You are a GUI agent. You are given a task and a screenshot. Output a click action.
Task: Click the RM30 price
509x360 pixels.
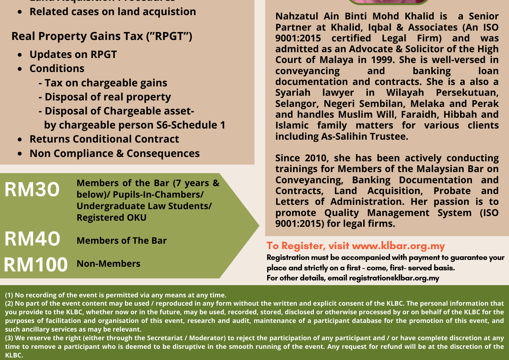[x=32, y=189]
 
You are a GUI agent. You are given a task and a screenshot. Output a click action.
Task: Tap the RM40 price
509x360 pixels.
[x=32, y=239]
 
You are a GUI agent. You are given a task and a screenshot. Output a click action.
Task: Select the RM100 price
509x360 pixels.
[x=36, y=265]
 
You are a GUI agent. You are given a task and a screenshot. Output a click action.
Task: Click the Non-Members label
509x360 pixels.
[x=108, y=264]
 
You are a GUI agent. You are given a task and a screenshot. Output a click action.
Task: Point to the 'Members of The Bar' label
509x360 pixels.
[x=122, y=241]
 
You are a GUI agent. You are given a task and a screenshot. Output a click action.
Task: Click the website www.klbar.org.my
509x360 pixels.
[x=398, y=246]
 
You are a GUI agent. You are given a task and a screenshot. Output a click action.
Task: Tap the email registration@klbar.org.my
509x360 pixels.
[x=394, y=278]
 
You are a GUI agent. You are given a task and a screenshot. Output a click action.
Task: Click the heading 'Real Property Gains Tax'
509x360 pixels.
[x=102, y=36]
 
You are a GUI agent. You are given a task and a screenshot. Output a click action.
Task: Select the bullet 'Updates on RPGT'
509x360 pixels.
[x=73, y=54]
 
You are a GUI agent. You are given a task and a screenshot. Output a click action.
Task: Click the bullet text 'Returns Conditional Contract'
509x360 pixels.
[x=104, y=139]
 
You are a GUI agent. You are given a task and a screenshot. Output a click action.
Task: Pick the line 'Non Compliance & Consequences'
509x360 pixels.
[x=114, y=153]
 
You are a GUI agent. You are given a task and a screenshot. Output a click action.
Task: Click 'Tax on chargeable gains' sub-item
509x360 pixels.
[x=106, y=83]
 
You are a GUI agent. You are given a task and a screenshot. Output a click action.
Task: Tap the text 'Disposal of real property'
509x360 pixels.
[x=108, y=97]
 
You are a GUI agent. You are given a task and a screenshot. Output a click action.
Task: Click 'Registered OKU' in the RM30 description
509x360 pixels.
[x=112, y=218]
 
